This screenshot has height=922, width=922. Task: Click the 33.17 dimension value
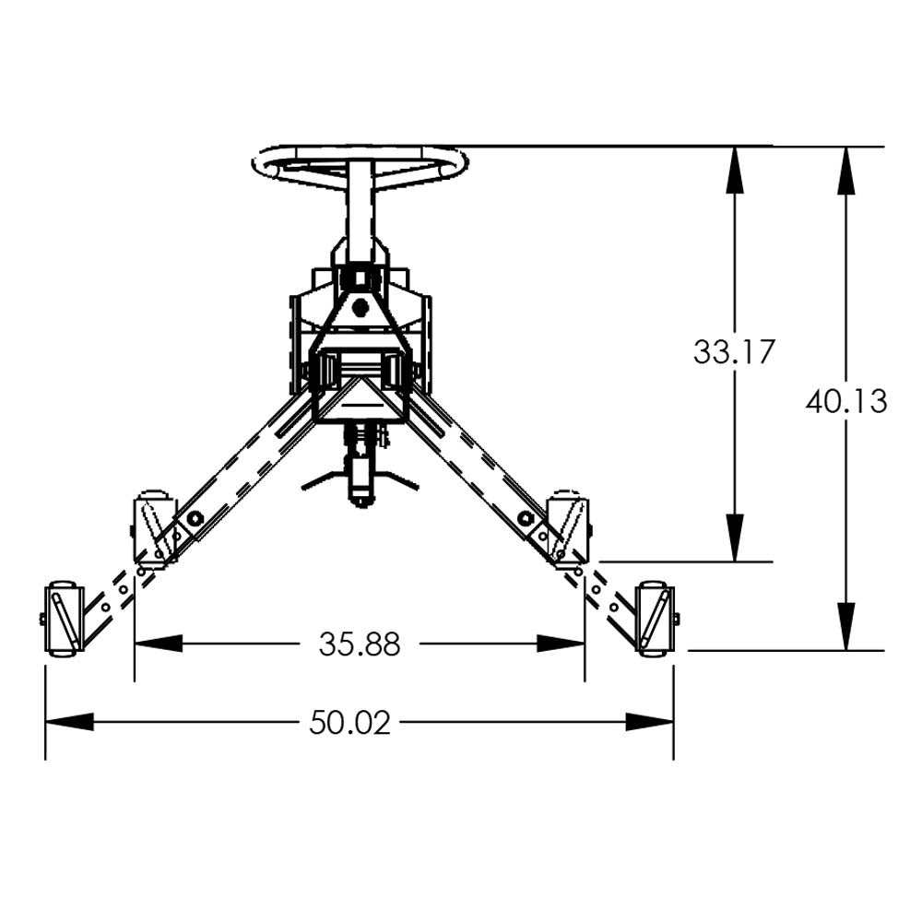[x=735, y=352]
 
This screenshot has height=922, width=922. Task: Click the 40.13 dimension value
[x=846, y=401]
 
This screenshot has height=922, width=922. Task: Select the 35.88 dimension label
[x=360, y=644]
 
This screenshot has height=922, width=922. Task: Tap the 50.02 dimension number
[x=349, y=722]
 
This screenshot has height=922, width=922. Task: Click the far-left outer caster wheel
[x=62, y=619]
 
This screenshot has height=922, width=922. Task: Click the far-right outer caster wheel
[x=656, y=619]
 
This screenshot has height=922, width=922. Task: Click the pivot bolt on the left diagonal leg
[x=195, y=521]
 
